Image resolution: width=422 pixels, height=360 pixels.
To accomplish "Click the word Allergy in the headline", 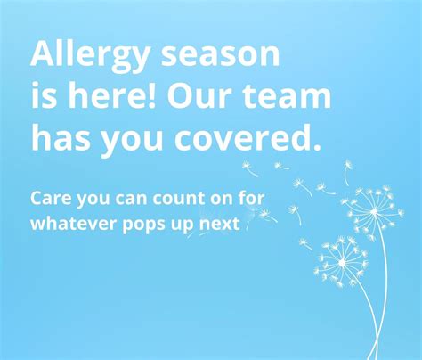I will [85, 55].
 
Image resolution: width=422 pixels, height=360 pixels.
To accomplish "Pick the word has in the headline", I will [61, 137].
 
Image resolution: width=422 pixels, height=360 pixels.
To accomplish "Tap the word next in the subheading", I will [220, 224].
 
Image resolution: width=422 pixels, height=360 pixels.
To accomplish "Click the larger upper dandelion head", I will [373, 212].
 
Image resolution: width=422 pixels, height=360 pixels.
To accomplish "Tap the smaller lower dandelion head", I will [341, 262].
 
